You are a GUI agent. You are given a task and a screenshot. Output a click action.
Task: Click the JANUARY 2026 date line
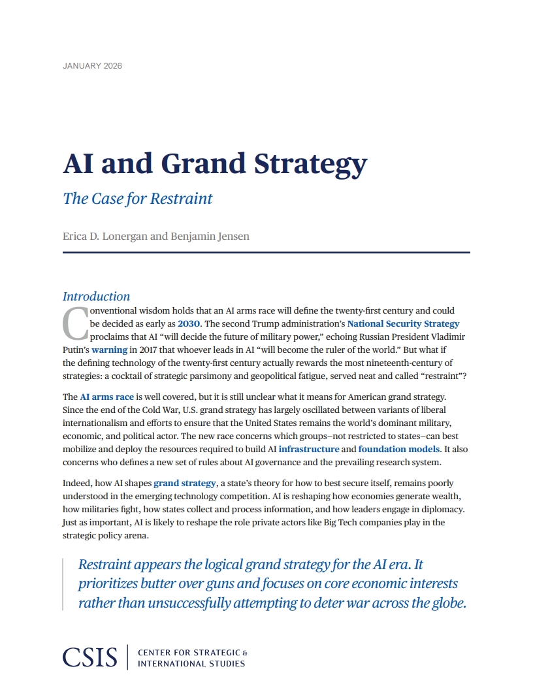point(92,66)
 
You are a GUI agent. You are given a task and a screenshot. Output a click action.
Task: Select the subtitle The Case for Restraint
point(138,199)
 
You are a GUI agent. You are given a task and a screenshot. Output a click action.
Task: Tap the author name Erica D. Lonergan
point(106,236)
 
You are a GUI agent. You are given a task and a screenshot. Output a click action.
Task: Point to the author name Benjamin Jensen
point(210,236)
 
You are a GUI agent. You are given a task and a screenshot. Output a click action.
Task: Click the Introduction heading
point(97,296)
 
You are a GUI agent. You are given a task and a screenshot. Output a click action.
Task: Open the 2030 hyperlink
point(189,323)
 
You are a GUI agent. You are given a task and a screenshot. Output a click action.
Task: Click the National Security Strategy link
point(403,323)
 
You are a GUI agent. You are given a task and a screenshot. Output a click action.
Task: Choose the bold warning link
point(109,350)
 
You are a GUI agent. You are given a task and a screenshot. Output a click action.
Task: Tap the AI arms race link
point(106,397)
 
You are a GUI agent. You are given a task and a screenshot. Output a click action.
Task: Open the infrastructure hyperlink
point(309,449)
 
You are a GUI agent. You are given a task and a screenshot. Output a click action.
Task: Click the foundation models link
point(399,449)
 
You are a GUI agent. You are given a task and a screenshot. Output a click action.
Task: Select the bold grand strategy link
point(184,484)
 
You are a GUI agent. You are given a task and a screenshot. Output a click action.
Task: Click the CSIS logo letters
point(90,657)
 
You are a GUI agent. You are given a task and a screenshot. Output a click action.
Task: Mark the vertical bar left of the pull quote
point(63,584)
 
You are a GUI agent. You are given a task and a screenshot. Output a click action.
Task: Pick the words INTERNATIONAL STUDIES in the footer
point(191,664)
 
